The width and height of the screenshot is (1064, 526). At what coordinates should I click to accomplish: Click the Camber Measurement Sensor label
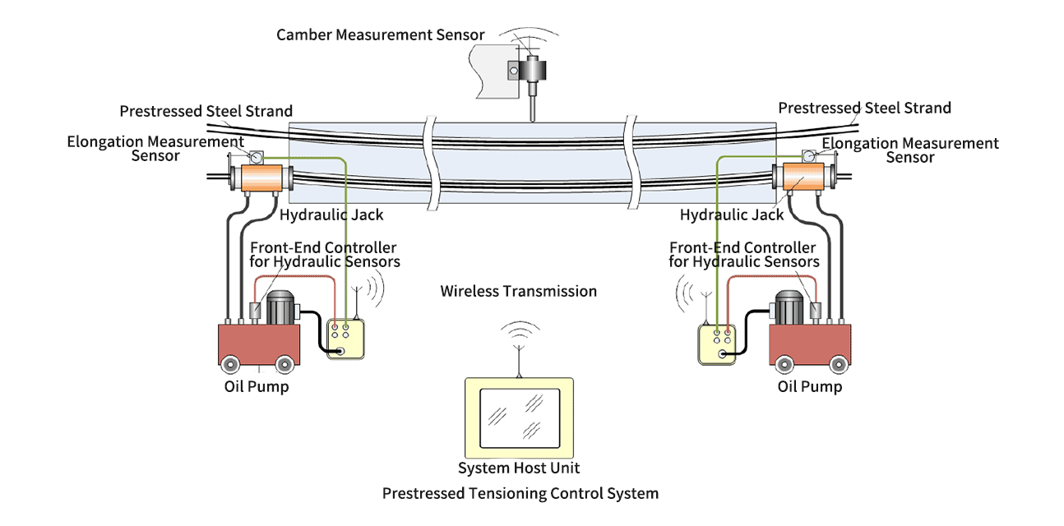380,35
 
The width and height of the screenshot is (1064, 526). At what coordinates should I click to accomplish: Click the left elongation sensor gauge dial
254,156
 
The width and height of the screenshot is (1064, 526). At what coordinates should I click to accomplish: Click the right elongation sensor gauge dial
810,154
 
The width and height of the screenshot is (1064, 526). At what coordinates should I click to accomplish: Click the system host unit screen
520,418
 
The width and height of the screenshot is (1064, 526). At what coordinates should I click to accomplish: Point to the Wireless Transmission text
518,291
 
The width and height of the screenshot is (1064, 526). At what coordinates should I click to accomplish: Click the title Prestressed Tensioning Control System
520,493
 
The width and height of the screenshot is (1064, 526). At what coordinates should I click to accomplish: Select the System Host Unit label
519,468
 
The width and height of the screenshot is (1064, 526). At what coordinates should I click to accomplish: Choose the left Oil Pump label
256,385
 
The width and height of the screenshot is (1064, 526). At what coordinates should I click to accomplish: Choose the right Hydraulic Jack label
732,215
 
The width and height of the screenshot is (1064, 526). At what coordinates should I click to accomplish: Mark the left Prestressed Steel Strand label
206,111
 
